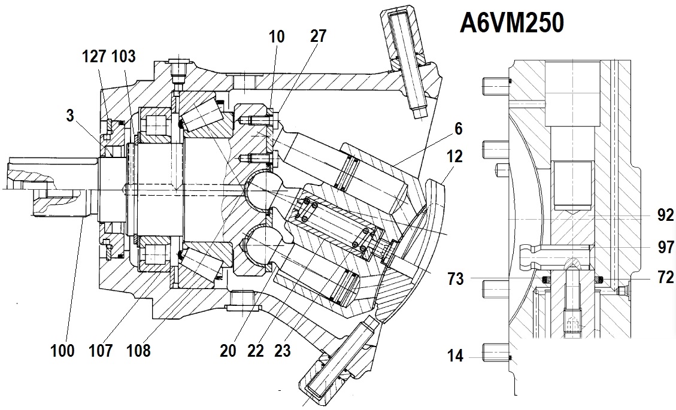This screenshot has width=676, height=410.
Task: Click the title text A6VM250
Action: (512, 23)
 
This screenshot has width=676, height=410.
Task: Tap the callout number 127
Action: (95, 56)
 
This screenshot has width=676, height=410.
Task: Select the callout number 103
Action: (124, 56)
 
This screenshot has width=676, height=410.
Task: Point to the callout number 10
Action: (277, 37)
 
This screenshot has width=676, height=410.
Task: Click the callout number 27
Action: (318, 36)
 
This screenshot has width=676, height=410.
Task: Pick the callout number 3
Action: (70, 116)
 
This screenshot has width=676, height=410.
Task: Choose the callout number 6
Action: (458, 129)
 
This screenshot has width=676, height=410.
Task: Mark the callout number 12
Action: (454, 156)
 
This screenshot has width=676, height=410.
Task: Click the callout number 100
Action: (62, 351)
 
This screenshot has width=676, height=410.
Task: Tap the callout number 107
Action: (101, 351)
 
